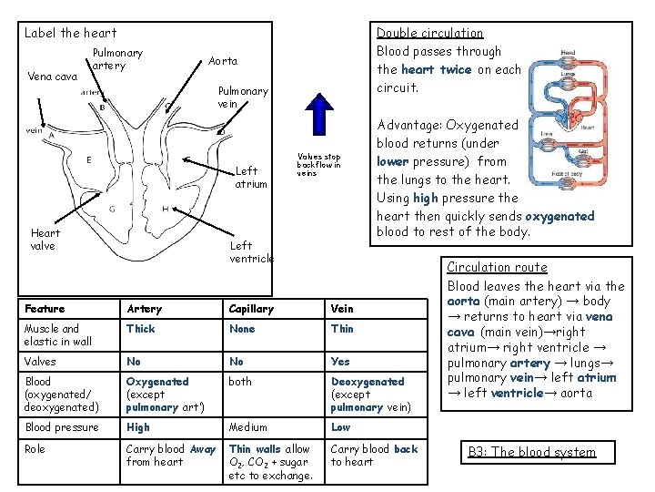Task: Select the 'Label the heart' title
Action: tap(70, 33)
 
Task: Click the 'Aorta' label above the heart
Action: tap(223, 61)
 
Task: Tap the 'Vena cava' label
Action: tap(53, 77)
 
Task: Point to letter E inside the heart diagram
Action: tap(87, 160)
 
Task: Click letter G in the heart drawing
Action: tap(111, 209)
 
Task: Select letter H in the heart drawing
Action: tap(166, 209)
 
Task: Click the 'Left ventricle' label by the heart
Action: tap(251, 251)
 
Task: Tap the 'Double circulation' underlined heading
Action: tap(429, 33)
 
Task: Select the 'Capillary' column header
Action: tap(251, 309)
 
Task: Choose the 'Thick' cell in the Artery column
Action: tap(141, 329)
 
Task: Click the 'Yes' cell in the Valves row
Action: tap(341, 361)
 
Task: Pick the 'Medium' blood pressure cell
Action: tap(248, 427)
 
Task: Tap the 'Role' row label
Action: tap(35, 449)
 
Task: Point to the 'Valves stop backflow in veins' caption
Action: tap(318, 164)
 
